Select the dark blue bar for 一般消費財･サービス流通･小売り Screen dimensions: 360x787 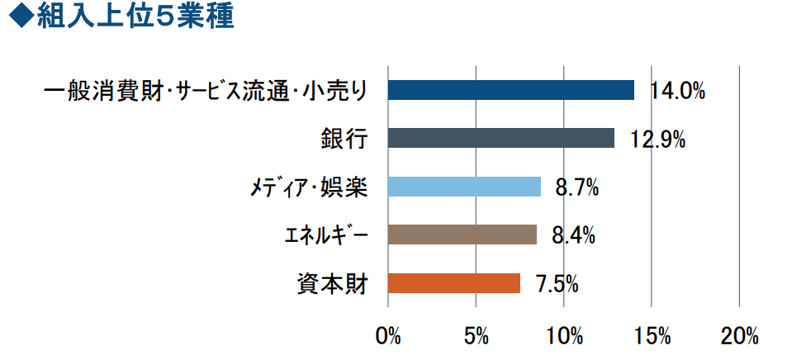pos(510,90)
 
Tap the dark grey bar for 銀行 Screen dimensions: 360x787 pos(500,138)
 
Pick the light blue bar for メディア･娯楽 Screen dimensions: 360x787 pos(464,187)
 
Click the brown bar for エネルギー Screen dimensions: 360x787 pos(462,234)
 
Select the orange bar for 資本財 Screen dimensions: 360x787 pos(453,283)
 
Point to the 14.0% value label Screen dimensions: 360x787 pos(677,91)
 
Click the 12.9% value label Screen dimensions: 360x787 pos(657,139)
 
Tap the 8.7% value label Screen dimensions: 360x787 pos(576,187)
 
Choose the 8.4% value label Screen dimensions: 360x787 pos(573,235)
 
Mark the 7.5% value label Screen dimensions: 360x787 pos(556,284)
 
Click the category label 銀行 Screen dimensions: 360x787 pos(344,138)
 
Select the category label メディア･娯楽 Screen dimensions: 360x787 pos(308,187)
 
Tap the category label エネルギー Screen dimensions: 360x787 pos(321,235)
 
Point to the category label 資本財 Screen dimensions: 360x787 pos(332,283)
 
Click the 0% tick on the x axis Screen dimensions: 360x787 pos(387,336)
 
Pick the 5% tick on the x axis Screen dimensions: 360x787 pos(476,336)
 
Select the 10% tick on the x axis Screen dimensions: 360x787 pos(564,336)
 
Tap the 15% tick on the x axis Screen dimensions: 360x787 pos(652,336)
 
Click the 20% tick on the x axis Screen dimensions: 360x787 pos(739,336)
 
